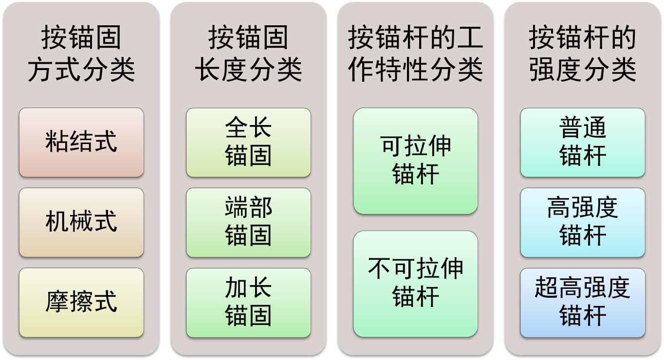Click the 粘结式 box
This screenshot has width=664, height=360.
(81, 142)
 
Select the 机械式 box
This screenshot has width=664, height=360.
(81, 222)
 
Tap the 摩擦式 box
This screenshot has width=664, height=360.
(81, 302)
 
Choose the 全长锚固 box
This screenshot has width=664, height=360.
(248, 142)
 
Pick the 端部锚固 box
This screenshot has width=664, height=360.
(248, 222)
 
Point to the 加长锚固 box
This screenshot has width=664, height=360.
(248, 302)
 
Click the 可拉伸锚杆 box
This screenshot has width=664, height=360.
(415, 161)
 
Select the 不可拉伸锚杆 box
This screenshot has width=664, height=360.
(415, 284)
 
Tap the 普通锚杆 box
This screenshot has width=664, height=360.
(582, 142)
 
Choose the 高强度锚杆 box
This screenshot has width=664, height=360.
(582, 222)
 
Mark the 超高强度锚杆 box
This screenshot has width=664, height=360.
(582, 302)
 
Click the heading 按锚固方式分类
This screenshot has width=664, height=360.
(81, 54)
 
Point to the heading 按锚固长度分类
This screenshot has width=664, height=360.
(248, 54)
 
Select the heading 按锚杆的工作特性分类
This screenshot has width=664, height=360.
(415, 54)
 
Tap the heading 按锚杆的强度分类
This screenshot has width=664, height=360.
(582, 54)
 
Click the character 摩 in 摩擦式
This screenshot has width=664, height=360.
(57, 302)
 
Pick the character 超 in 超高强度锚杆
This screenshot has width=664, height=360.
(547, 288)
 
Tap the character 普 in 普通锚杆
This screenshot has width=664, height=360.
(571, 128)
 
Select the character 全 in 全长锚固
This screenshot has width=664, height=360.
(237, 128)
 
